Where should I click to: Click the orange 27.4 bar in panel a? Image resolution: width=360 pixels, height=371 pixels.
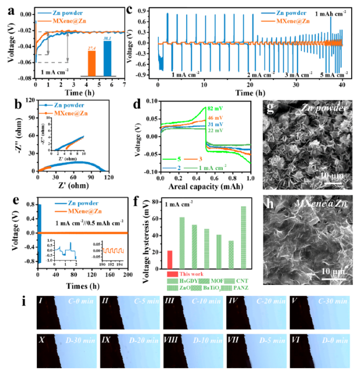[x=92, y=63]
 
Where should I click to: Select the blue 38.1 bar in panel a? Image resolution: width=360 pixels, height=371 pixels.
[x=108, y=58]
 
